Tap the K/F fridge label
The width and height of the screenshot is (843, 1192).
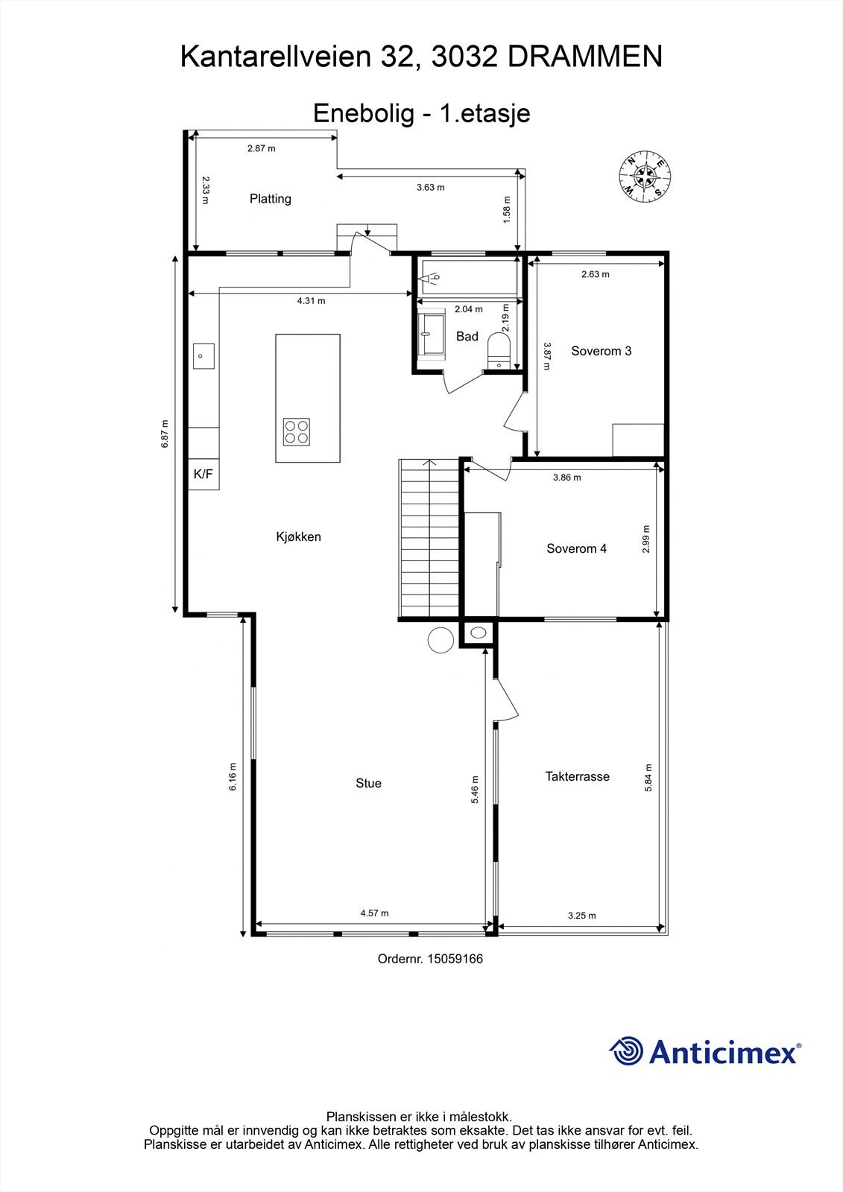203,474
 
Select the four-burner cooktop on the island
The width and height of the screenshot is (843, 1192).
297,431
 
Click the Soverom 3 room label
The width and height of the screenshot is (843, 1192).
601,351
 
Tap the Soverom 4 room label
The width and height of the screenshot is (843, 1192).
576,548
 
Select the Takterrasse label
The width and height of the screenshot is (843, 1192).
577,776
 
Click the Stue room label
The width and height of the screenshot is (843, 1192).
368,783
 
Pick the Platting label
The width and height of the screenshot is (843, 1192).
270,199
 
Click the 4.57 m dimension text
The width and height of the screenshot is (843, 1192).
374,913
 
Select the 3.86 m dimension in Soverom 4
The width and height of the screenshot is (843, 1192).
566,478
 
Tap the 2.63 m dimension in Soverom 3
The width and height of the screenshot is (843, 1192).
595,274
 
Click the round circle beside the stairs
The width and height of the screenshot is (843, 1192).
441,640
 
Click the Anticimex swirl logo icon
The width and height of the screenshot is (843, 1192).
626,1051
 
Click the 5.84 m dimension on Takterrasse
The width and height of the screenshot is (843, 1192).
648,778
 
